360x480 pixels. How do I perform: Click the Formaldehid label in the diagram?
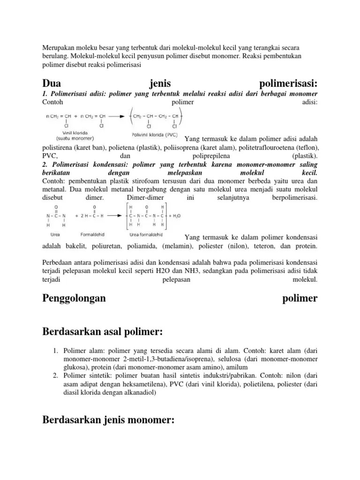95,234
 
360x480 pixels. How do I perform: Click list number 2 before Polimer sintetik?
54,376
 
